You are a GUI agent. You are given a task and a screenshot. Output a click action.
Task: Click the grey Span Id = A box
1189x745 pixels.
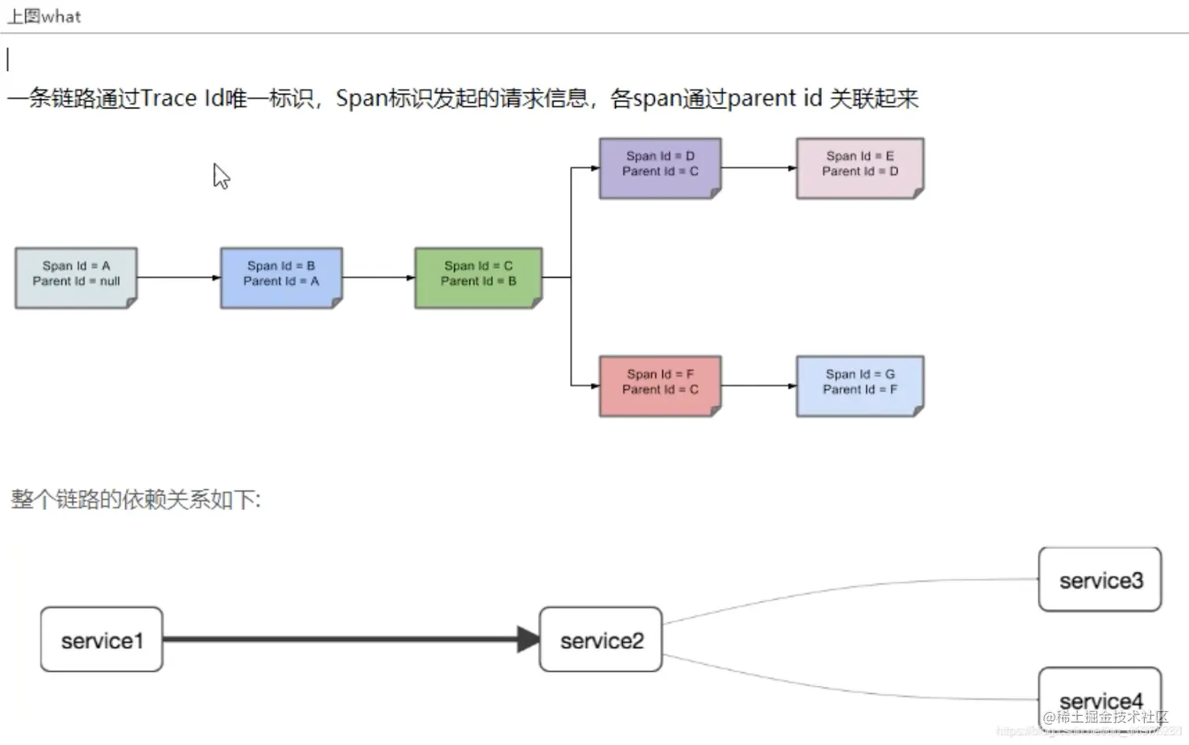75,277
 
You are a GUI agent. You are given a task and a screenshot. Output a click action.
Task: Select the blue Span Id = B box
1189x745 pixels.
281,277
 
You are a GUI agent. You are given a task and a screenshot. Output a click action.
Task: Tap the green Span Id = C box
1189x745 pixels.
478,277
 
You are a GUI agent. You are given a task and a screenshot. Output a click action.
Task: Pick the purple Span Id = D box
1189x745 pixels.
660,168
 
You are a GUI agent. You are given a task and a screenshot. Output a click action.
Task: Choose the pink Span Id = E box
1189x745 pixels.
860,168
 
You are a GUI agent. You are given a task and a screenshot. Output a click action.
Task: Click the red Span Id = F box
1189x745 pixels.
660,385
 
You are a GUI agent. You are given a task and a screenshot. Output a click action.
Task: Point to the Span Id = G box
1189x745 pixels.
860,385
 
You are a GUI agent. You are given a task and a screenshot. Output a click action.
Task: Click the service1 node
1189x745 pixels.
101,640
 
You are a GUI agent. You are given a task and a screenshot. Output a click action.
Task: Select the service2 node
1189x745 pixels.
601,640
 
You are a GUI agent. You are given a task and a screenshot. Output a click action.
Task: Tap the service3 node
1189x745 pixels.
1099,580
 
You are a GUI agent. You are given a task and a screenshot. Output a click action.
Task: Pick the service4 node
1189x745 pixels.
1099,696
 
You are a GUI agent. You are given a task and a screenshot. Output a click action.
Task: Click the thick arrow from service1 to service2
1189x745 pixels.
346,639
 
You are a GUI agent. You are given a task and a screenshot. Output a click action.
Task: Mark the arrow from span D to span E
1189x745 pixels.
758,168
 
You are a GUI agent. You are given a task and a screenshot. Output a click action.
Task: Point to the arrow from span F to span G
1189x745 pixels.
758,385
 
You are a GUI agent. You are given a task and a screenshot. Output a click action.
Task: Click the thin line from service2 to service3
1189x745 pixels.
849,589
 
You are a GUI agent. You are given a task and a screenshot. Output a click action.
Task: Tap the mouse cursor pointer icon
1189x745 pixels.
220,175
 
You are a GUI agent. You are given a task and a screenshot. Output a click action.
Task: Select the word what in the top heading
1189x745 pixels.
61,17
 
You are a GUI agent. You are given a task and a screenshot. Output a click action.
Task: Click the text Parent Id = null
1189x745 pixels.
76,282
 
